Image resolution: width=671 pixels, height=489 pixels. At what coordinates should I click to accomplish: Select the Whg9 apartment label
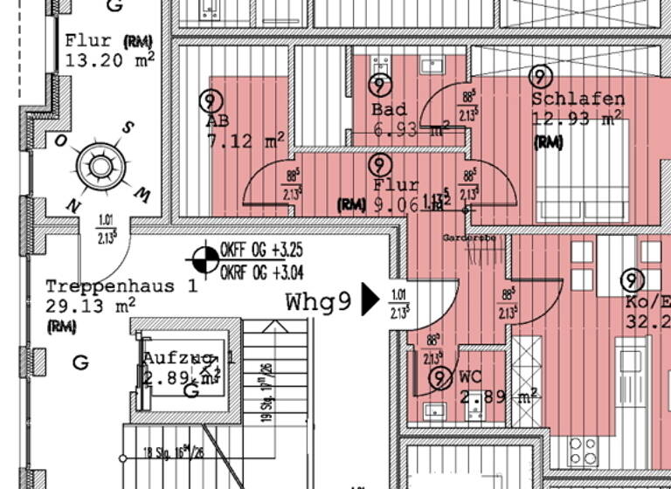(x=319, y=302)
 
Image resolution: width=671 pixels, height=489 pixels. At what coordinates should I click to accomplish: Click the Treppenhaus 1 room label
(x=121, y=286)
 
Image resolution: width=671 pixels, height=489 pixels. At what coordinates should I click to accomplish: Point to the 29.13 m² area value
(x=90, y=306)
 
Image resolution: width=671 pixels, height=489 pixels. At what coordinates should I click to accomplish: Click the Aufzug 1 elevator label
(x=189, y=358)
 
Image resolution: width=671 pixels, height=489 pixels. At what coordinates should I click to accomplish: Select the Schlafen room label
(x=578, y=99)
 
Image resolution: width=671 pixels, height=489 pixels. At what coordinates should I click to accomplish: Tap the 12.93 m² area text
(x=576, y=119)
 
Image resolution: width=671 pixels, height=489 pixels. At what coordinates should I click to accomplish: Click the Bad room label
(x=389, y=110)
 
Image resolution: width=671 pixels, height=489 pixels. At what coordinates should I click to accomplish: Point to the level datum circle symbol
(x=205, y=258)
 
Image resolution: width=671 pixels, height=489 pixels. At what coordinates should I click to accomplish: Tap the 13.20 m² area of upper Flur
(x=110, y=60)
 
